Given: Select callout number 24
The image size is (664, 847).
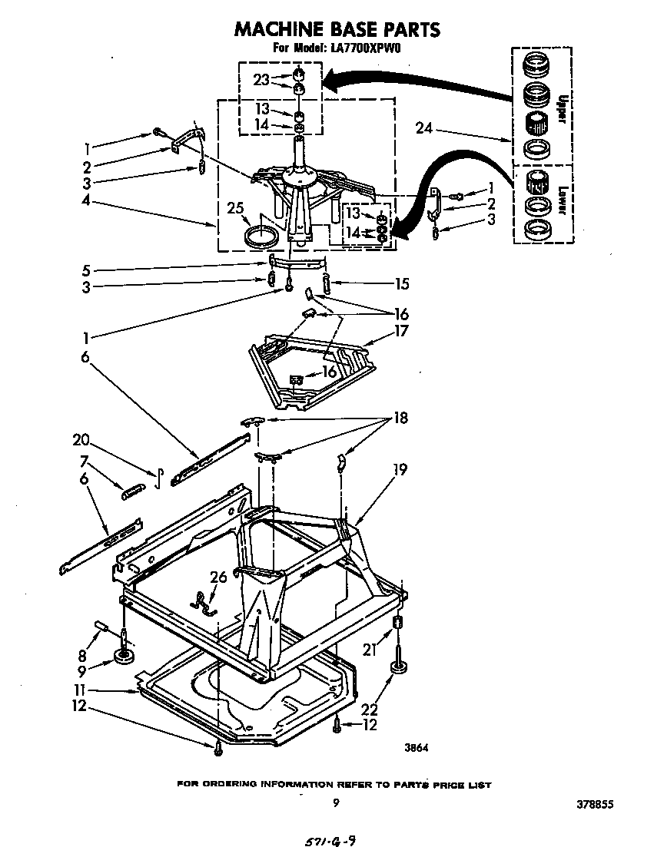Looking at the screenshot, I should (425, 127).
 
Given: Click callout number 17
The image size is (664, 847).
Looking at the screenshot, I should (400, 331).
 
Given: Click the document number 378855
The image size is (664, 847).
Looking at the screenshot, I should (595, 806).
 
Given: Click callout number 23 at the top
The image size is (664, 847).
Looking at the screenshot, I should (262, 79).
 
